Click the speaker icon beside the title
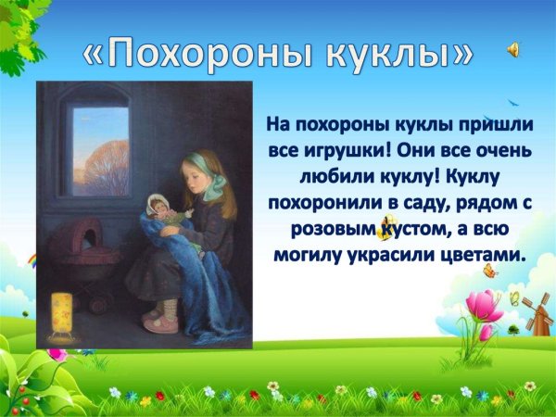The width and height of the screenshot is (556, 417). pos(513,51)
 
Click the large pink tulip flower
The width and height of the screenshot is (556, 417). pos(481,305)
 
